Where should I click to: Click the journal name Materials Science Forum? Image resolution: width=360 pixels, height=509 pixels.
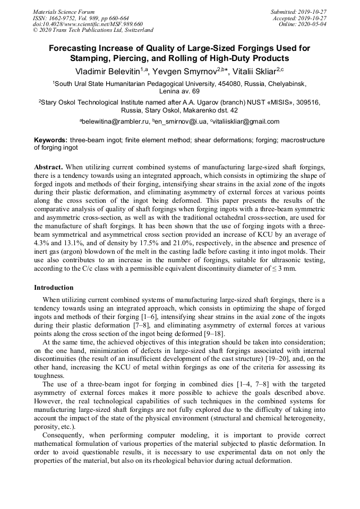coord(64,12)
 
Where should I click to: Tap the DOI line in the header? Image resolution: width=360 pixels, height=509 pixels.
coord(88,24)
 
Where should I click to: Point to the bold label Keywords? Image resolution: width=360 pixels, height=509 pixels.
coord(51,140)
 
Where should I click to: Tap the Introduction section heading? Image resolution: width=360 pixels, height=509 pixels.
coord(54,288)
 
